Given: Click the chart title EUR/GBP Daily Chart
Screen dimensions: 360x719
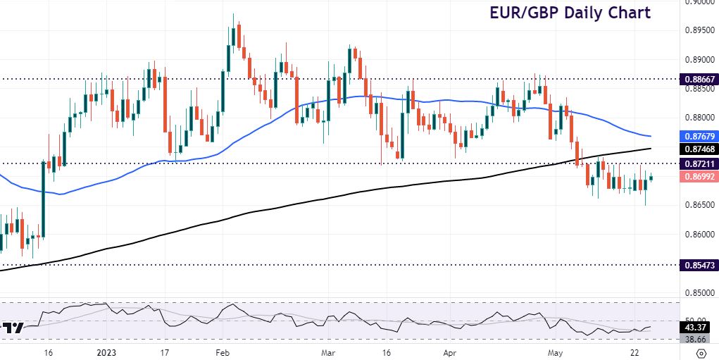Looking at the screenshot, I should [571, 13].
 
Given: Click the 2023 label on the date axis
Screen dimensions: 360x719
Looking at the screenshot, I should [107, 352].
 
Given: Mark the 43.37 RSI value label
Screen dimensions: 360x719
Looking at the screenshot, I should [696, 328].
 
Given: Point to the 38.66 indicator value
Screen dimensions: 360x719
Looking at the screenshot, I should [696, 339].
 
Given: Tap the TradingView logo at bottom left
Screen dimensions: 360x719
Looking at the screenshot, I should [13, 328].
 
